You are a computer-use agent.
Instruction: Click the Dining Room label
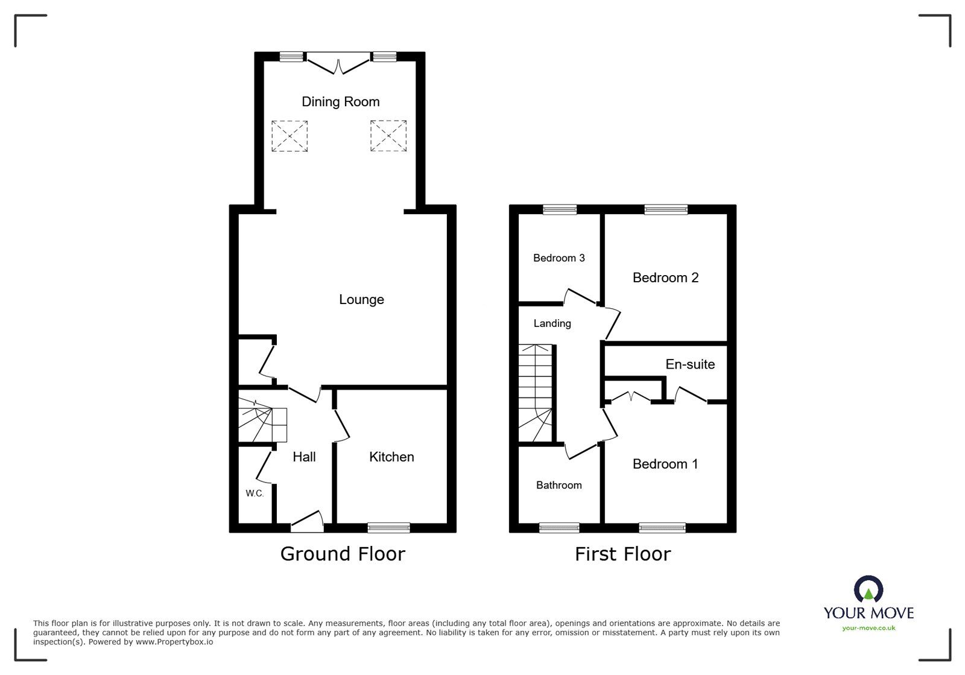pyautogui.click(x=340, y=102)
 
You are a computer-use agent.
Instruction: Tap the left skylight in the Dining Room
pyautogui.click(x=289, y=136)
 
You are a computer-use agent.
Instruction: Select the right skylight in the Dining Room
pyautogui.click(x=388, y=136)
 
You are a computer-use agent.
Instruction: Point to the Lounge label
pyautogui.click(x=361, y=299)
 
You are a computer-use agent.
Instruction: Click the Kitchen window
pyautogui.click(x=388, y=527)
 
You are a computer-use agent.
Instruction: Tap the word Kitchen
pyautogui.click(x=391, y=457)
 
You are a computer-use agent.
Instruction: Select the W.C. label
pyautogui.click(x=255, y=493)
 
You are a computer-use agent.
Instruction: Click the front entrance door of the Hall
pyautogui.click(x=308, y=522)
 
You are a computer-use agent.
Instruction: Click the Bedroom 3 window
pyautogui.click(x=560, y=209)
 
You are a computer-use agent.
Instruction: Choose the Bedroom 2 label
pyautogui.click(x=665, y=278)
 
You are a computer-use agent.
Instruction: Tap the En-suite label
pyautogui.click(x=690, y=364)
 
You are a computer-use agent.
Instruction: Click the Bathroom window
pyautogui.click(x=559, y=527)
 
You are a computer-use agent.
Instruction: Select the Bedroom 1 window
pyautogui.click(x=662, y=527)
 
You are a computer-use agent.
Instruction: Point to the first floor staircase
pyautogui.click(x=535, y=393)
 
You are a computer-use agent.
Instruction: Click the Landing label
pyautogui.click(x=552, y=323)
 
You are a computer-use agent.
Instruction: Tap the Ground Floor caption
pyautogui.click(x=343, y=554)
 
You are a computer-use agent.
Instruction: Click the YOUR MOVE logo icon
pyautogui.click(x=868, y=589)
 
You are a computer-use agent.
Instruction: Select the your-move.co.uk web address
pyautogui.click(x=868, y=628)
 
